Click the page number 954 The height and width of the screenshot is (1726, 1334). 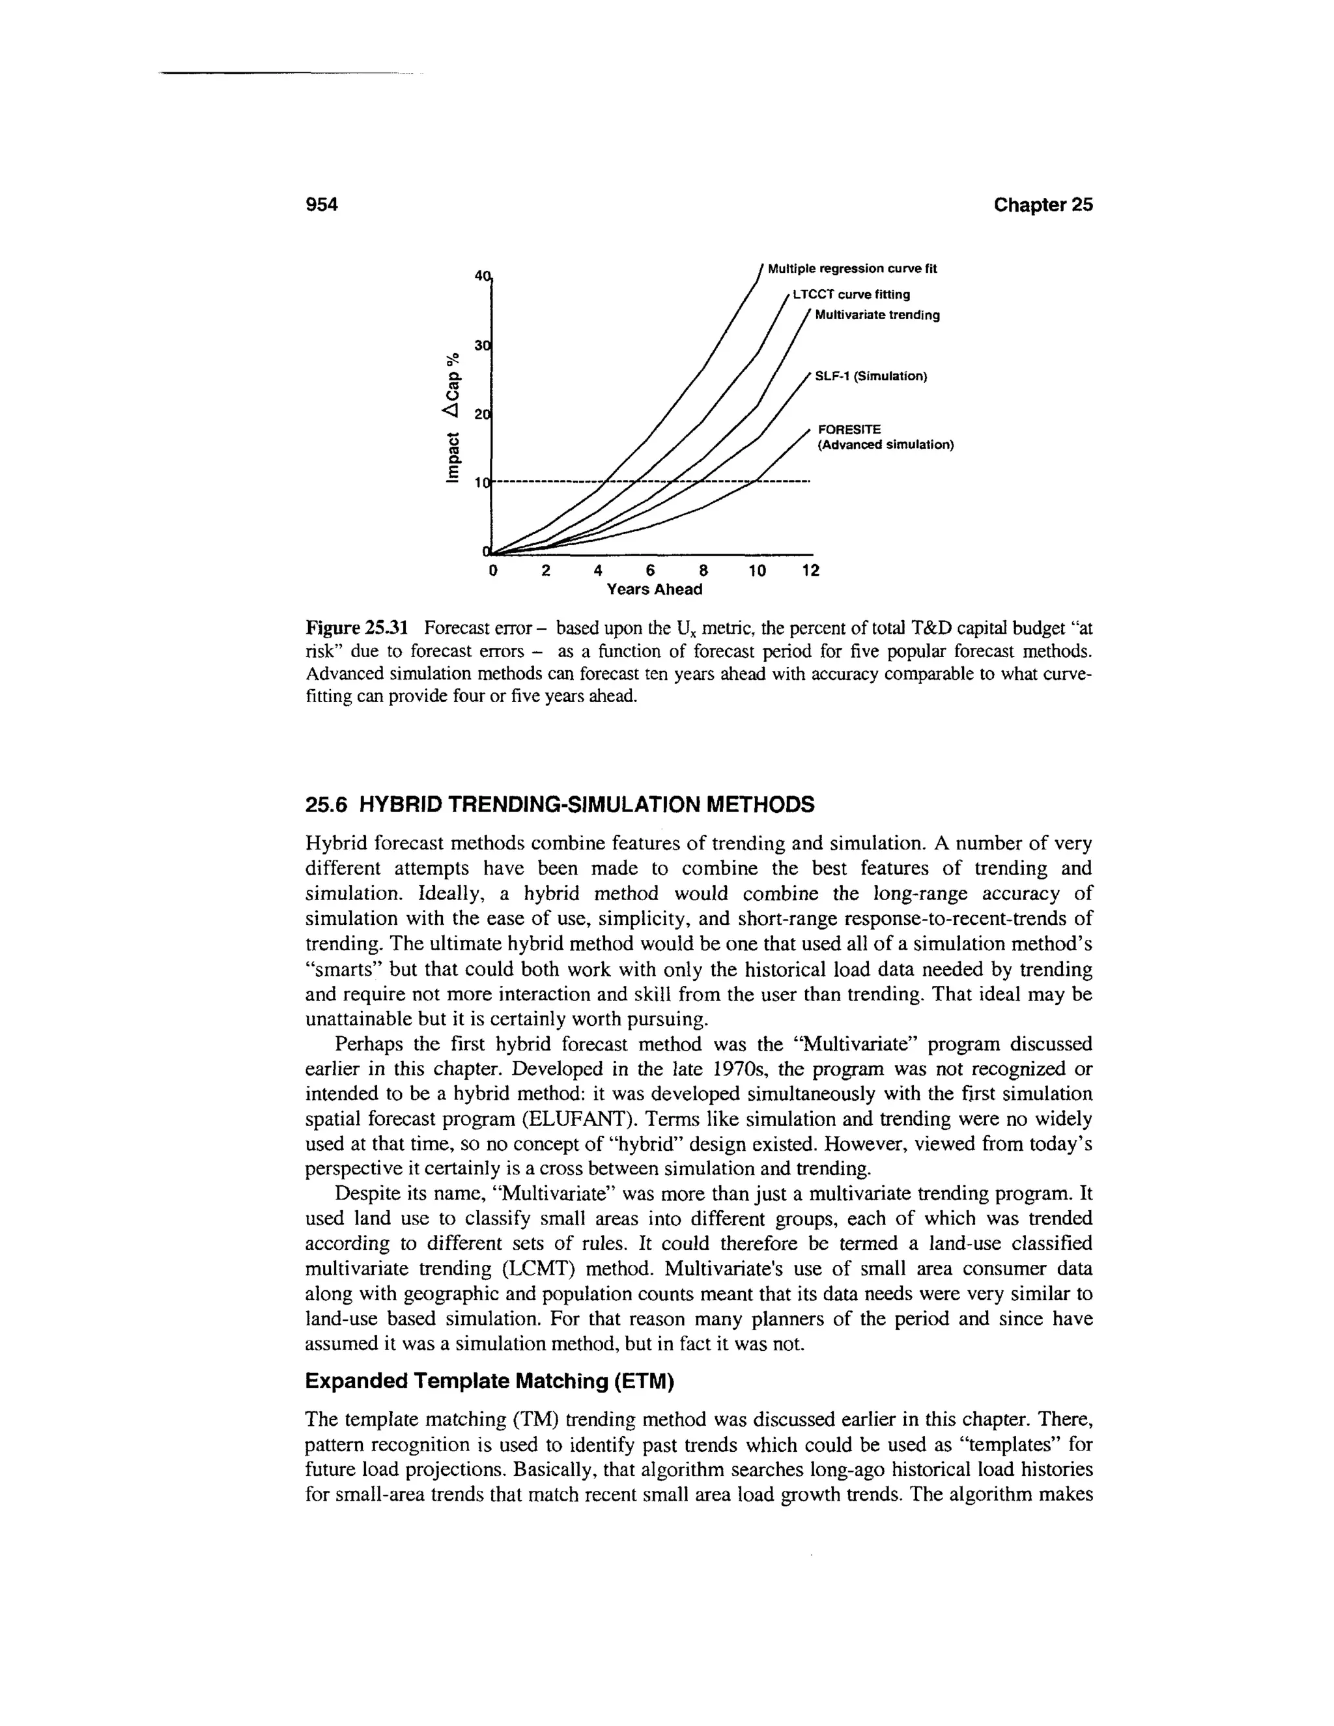pyautogui.click(x=322, y=205)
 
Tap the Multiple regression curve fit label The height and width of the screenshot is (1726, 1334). pyautogui.click(x=851, y=269)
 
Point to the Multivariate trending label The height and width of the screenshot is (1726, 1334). pyautogui.click(x=877, y=315)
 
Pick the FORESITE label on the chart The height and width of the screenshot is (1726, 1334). pyautogui.click(x=849, y=429)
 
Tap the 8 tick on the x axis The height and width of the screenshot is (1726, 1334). pyautogui.click(x=703, y=571)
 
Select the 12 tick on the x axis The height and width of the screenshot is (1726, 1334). pyautogui.click(x=811, y=571)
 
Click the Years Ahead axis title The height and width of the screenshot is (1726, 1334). pyautogui.click(x=653, y=589)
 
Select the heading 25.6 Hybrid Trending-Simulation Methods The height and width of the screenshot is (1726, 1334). pyautogui.click(x=559, y=805)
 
